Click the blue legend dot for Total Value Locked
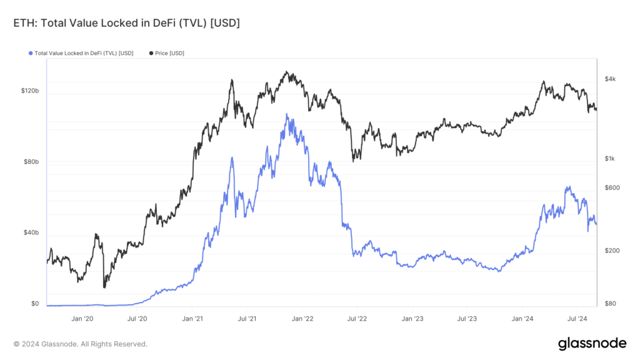31,53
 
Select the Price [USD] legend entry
169,53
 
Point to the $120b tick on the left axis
30,91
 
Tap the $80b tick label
32,162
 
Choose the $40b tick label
32,232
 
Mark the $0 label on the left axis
35,304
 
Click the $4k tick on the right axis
610,79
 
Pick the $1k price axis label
610,159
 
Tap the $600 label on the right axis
611,188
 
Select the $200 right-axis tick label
611,251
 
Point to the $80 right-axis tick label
609,304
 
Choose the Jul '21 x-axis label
247,318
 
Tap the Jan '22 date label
302,318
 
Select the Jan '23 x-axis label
412,318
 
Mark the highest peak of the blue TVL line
287,114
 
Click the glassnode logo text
592,343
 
